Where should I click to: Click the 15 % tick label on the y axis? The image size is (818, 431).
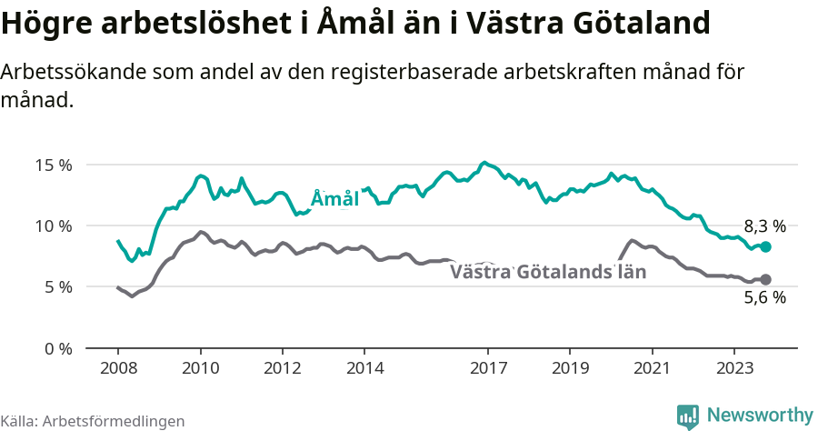point(54,165)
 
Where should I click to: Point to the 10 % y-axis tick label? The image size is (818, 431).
point(54,226)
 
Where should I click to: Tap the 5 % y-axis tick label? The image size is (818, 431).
point(57,287)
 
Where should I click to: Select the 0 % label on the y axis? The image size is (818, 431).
point(57,348)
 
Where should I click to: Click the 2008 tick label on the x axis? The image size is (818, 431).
point(118,368)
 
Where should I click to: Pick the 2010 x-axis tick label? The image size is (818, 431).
point(200,368)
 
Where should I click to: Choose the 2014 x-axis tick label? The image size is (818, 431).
point(364,368)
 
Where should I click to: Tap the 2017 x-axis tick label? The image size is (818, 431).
point(488,368)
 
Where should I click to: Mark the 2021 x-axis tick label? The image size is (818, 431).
point(652,368)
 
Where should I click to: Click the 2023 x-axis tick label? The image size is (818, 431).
point(734,368)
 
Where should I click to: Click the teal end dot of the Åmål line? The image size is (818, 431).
point(766,247)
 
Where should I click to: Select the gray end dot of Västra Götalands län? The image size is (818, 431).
point(766,279)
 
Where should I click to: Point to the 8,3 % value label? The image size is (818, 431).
point(764,226)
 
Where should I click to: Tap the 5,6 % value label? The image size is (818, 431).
point(764,297)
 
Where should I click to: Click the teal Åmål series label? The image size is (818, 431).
point(334,198)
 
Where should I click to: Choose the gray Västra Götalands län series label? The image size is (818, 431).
point(548,271)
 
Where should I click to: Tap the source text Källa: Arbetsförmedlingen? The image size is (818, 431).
point(93,421)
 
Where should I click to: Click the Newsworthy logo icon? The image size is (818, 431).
point(688,416)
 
